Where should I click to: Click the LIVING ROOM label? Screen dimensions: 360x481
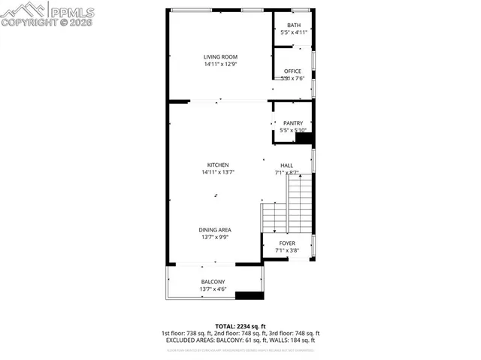[x=220, y=56]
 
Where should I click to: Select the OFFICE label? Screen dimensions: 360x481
[x=292, y=71]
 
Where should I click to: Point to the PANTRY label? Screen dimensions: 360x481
[x=293, y=123]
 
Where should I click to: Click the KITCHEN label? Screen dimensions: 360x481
[x=219, y=165]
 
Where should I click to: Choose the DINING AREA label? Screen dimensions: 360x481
[x=215, y=229]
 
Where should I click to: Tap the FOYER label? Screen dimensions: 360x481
[x=287, y=244]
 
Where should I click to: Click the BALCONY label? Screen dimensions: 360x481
[x=215, y=282]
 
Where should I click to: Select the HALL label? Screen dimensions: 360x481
[x=287, y=165]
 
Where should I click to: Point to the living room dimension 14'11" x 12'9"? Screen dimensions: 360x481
[x=220, y=65]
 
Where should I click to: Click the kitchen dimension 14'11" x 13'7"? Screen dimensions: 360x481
[x=219, y=173]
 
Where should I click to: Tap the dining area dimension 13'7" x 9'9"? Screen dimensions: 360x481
[x=215, y=237]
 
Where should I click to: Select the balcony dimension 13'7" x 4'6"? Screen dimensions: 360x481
[x=215, y=289]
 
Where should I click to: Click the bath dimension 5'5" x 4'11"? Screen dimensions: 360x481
[x=293, y=33]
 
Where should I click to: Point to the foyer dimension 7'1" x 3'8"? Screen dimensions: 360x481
[x=287, y=251]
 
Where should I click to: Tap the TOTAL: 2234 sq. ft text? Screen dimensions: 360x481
[x=240, y=326]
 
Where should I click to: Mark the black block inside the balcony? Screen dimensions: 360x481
[x=250, y=295]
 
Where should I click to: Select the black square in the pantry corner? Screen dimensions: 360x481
[x=304, y=138]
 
